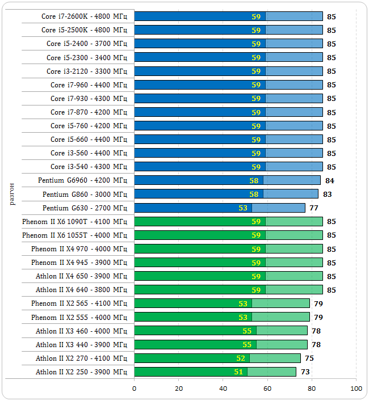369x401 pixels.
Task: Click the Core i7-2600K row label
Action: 84,16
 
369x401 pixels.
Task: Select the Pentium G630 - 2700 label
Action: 84,208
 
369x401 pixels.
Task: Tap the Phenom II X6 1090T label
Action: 74,221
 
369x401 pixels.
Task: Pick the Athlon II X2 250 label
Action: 81,372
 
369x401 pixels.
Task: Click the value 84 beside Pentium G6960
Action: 329,180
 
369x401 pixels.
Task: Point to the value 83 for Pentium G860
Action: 327,194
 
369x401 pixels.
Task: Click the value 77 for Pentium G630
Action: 314,208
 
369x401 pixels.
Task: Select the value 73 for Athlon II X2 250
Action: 305,372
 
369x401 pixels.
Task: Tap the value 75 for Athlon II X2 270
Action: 309,358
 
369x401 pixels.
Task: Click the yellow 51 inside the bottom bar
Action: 238,372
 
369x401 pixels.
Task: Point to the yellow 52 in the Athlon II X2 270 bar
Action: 241,358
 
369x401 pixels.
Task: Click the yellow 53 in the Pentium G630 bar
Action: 243,208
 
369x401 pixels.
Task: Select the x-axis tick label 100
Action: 357,389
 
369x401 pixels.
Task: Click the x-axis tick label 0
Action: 135,389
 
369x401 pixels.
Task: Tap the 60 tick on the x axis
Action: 267,389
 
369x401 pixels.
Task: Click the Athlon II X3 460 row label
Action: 81,331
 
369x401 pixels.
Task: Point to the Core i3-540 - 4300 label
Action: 89,167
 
